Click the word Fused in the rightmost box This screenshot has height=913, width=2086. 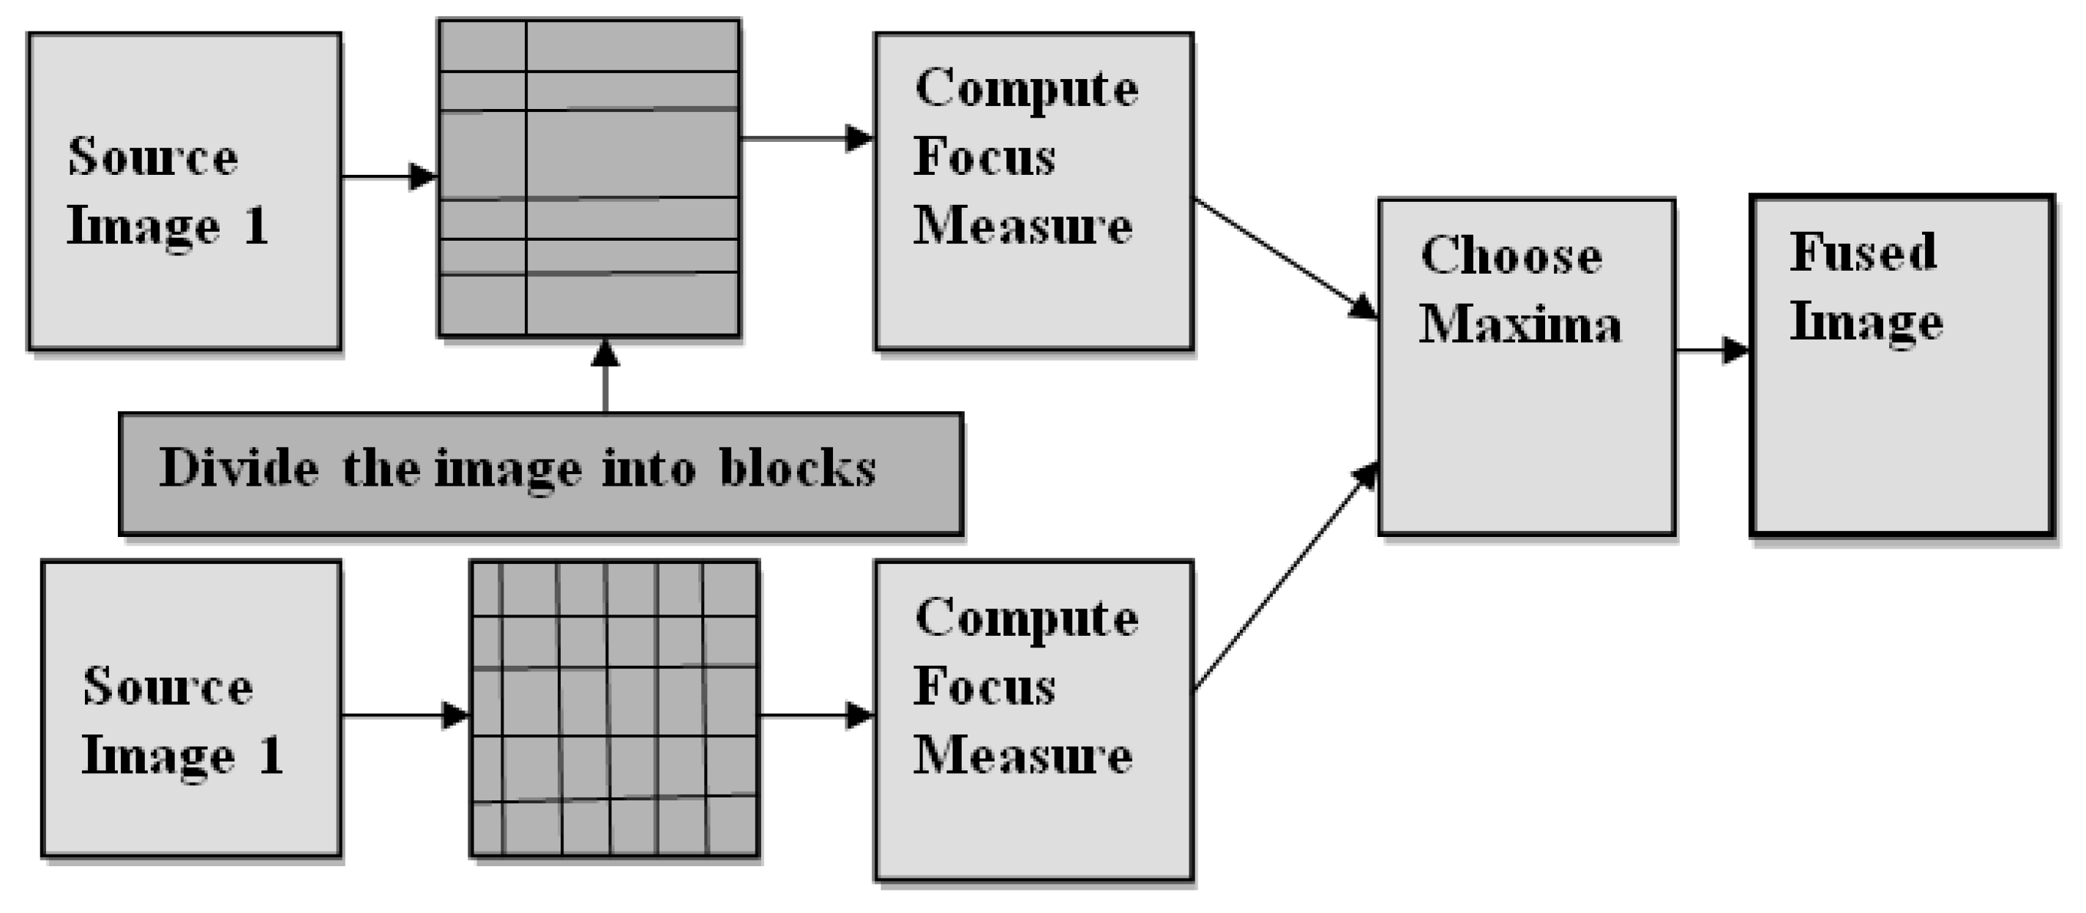(1863, 252)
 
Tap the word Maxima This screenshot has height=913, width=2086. (1520, 325)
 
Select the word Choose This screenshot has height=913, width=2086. (1511, 256)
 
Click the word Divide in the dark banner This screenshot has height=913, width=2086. (239, 467)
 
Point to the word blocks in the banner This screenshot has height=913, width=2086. (798, 467)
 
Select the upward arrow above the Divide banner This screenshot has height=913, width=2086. (605, 376)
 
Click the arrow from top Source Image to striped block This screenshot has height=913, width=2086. (389, 176)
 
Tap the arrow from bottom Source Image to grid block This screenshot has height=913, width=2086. (405, 715)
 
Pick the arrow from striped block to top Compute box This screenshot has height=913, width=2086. (807, 138)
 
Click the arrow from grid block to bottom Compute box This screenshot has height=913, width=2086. (816, 715)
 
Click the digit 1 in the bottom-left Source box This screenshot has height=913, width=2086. (271, 755)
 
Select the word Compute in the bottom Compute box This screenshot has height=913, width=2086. (1026, 618)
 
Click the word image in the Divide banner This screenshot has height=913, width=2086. (508, 470)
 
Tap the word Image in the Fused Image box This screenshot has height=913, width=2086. (1866, 322)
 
